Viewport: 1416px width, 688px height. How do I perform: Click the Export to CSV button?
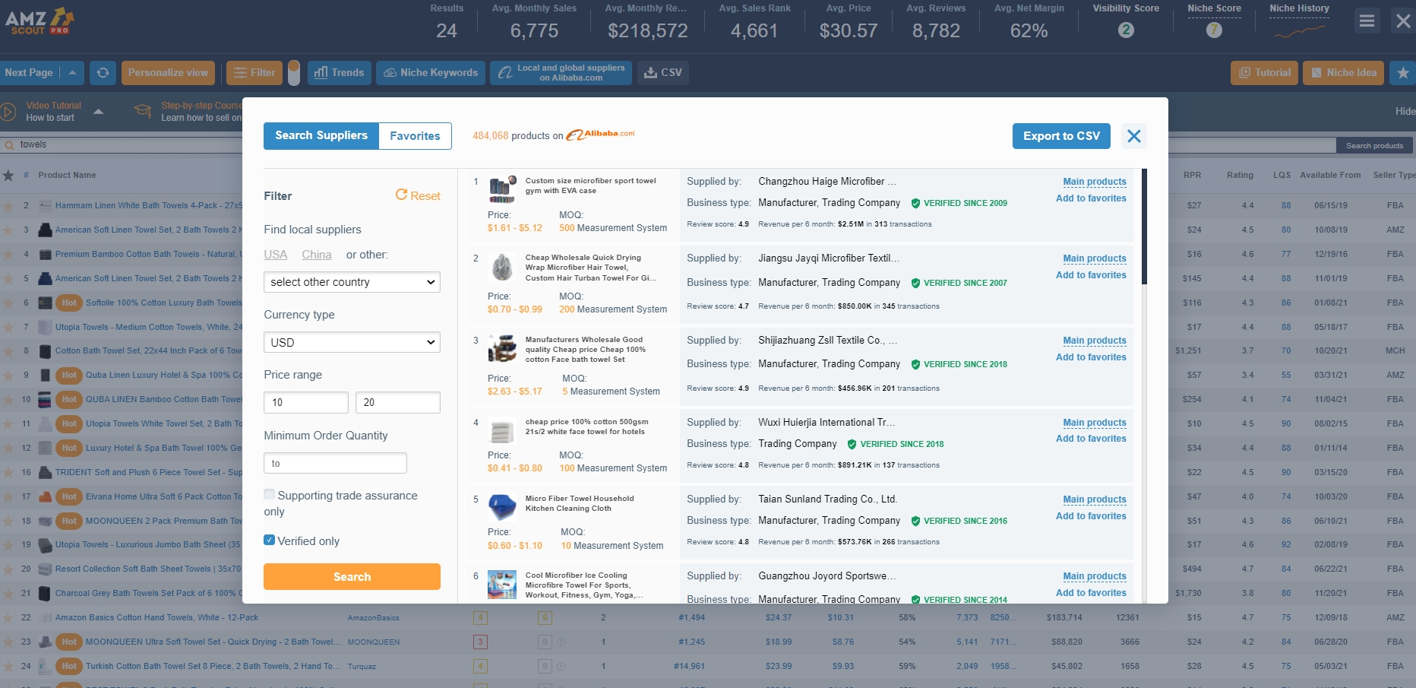pyautogui.click(x=1060, y=136)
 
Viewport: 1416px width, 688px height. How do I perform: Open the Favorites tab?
pyautogui.click(x=415, y=136)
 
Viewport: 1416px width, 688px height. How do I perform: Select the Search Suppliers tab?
pyautogui.click(x=321, y=136)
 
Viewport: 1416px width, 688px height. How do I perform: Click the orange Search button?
pyautogui.click(x=352, y=577)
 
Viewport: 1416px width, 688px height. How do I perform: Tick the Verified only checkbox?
pyautogui.click(x=270, y=541)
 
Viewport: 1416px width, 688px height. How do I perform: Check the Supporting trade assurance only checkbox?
pyautogui.click(x=270, y=495)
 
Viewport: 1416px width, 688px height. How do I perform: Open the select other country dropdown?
pyautogui.click(x=352, y=282)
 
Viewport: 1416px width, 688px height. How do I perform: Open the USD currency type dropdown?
pyautogui.click(x=352, y=342)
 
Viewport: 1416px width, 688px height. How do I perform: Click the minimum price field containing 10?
pyautogui.click(x=305, y=402)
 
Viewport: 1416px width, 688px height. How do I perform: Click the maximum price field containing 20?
pyautogui.click(x=397, y=402)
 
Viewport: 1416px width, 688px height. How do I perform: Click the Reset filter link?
pyautogui.click(x=418, y=195)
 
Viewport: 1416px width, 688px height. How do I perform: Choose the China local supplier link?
pyautogui.click(x=316, y=255)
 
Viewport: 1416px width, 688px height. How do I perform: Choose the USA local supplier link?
pyautogui.click(x=275, y=255)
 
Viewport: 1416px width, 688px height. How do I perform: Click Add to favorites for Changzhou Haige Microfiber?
pyautogui.click(x=1091, y=198)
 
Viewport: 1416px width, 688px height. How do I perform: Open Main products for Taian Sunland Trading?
pyautogui.click(x=1095, y=499)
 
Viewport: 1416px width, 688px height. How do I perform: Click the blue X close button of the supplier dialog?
pyautogui.click(x=1134, y=136)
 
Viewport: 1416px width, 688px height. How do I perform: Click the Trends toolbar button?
pyautogui.click(x=340, y=73)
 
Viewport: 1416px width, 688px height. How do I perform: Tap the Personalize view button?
pyautogui.click(x=168, y=73)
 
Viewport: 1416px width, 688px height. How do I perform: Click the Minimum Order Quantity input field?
pyautogui.click(x=335, y=463)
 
